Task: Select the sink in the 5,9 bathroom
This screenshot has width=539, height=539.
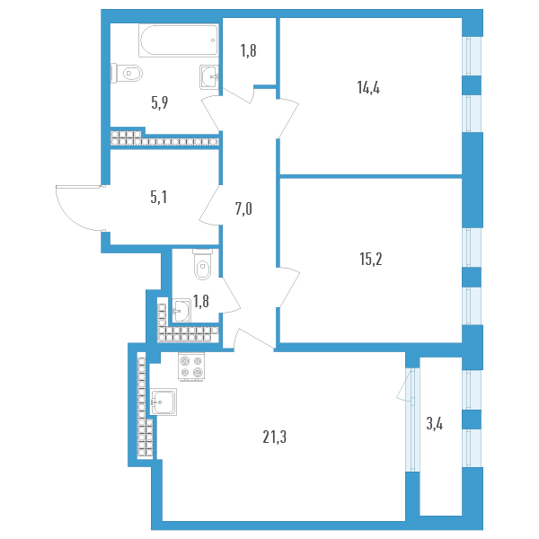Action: coord(209,75)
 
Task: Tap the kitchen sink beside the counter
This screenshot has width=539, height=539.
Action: coord(165,401)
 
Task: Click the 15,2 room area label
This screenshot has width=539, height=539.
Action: coord(371,259)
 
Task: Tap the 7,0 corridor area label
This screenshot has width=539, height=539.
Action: coord(243,209)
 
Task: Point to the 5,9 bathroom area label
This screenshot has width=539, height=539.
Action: coord(160,102)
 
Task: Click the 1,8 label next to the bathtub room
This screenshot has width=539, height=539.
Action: coord(249,51)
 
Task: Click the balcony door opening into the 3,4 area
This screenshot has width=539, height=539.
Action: coord(402,386)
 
